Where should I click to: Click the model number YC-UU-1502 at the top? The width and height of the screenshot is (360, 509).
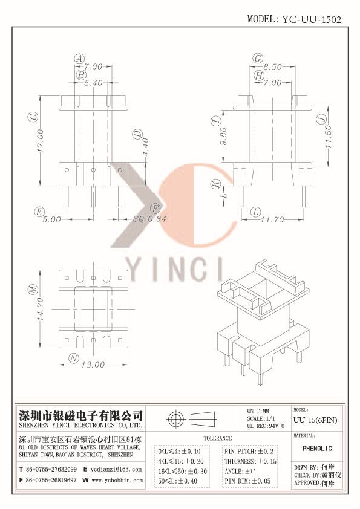click(x=311, y=19)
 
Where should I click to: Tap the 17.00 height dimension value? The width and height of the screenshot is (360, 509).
click(x=40, y=140)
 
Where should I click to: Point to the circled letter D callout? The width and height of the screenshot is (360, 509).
click(x=137, y=134)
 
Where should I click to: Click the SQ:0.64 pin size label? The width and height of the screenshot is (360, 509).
click(x=150, y=219)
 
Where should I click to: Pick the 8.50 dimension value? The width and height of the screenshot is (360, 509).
click(x=272, y=66)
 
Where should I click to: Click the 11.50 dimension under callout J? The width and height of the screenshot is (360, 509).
click(x=328, y=137)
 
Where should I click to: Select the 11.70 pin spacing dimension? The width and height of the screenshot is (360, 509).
click(x=272, y=220)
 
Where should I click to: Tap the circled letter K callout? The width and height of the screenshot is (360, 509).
click(x=215, y=184)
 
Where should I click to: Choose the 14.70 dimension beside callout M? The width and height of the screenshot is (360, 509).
click(x=40, y=309)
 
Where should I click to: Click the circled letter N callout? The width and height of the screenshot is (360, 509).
click(x=74, y=358)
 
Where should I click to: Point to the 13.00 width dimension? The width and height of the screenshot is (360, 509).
click(x=93, y=365)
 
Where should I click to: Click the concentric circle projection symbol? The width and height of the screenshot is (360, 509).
click(x=176, y=418)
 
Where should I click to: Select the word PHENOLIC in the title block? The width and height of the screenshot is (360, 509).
click(x=317, y=449)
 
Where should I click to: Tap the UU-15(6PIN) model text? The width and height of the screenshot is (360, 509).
click(x=315, y=420)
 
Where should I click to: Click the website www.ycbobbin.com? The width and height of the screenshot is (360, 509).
click(x=117, y=480)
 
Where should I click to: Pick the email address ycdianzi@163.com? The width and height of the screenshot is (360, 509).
click(x=116, y=469)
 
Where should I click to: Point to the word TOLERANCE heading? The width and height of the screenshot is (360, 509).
click(x=218, y=438)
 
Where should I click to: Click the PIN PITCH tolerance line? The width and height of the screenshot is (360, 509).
click(x=249, y=451)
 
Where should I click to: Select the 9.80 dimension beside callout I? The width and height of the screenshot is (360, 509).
click(x=223, y=137)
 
